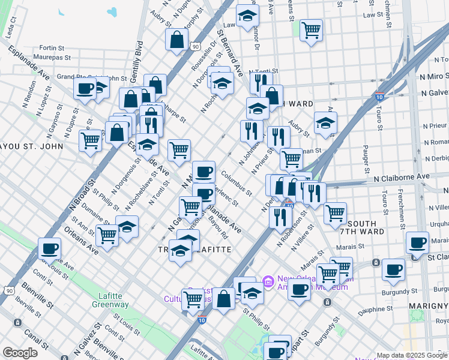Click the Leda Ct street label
[x=11, y=30]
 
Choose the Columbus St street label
[x=236, y=184]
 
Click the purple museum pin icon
[x=268, y=281]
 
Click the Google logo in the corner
[x=20, y=353]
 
